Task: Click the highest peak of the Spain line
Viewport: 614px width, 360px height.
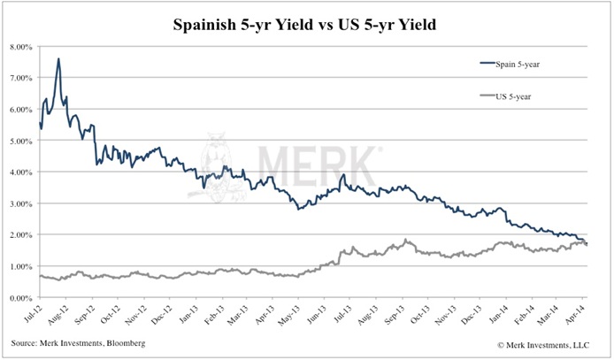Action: [x=58, y=59]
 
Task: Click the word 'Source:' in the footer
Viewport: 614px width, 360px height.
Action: [x=27, y=341]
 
